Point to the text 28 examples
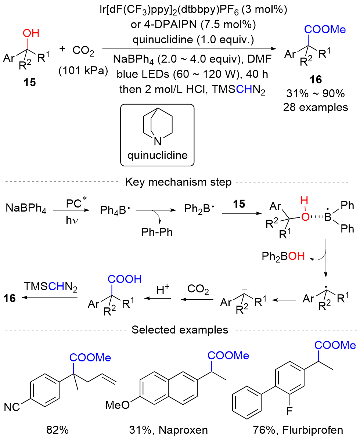click(x=318, y=107)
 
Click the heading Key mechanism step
click(x=180, y=183)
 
